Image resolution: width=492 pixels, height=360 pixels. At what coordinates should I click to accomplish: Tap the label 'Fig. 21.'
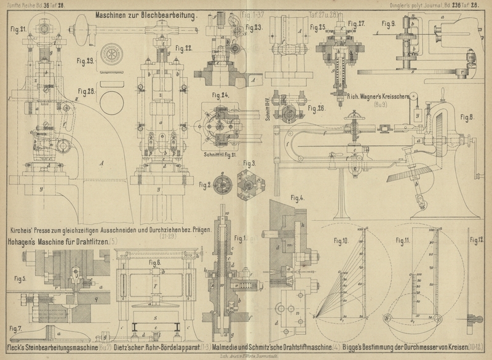[x=18, y=29]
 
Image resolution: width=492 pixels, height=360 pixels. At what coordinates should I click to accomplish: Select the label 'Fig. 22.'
[x=183, y=47]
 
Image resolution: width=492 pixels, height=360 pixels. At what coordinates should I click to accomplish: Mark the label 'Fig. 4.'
[x=298, y=198]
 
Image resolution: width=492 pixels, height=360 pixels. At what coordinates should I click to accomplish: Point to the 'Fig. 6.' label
[x=154, y=262]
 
